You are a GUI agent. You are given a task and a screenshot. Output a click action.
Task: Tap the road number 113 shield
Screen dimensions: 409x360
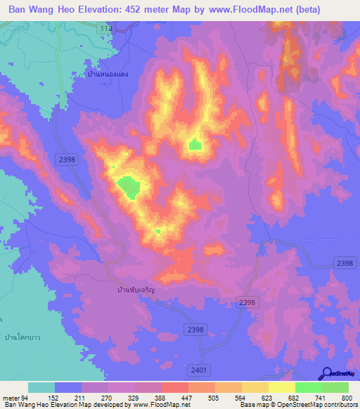tap(105, 27)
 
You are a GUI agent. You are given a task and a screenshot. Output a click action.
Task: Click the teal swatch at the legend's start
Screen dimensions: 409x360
tap(41, 387)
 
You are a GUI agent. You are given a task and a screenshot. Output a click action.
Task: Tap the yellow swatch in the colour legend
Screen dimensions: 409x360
tap(282, 387)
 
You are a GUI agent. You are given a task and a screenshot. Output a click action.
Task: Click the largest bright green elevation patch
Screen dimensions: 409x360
tap(128, 186)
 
